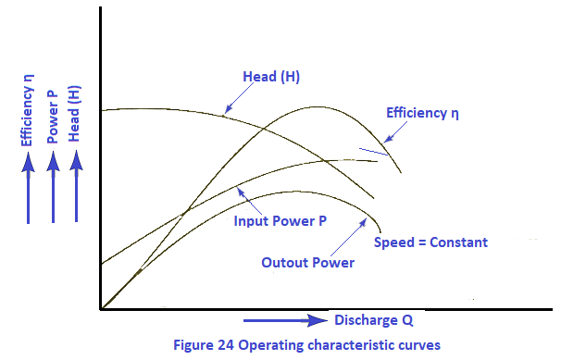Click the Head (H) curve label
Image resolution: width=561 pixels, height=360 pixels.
(x=273, y=76)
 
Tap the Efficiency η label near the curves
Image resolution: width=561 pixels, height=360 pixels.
(x=423, y=114)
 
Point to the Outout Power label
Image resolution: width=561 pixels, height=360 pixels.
(x=308, y=263)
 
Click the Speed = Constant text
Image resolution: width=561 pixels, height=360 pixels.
(x=430, y=242)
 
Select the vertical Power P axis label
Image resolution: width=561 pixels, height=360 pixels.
(x=53, y=112)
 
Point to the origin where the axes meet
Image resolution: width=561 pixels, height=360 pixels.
(x=100, y=309)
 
